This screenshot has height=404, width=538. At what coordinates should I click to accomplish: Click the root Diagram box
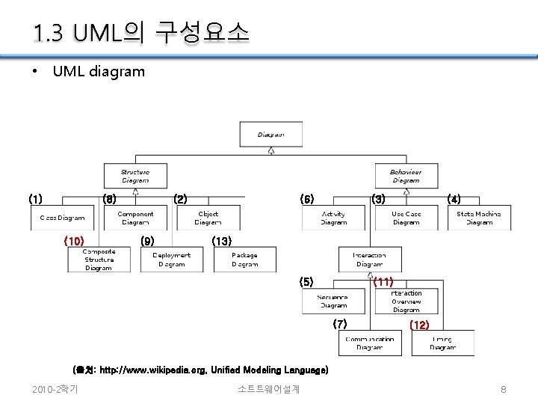(x=270, y=135)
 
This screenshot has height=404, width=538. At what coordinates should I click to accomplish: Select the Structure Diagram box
(x=134, y=176)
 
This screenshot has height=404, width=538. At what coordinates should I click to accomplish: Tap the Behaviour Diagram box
(x=406, y=176)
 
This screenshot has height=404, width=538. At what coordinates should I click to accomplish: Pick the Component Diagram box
(x=135, y=218)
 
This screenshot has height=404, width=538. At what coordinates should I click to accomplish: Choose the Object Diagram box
(x=208, y=218)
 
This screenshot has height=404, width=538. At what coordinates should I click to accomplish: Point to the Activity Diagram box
(x=333, y=218)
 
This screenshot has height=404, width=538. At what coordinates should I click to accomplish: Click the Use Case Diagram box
(x=406, y=218)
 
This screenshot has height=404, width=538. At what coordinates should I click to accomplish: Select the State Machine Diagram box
(x=479, y=218)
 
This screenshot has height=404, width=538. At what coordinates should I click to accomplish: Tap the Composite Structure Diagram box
(x=99, y=260)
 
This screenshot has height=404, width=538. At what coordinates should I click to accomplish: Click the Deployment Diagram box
(x=171, y=260)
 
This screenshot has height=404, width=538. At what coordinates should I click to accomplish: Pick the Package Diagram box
(x=244, y=260)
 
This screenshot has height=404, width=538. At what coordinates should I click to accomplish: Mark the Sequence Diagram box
(x=333, y=301)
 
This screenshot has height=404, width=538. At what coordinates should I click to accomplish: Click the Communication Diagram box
(x=370, y=343)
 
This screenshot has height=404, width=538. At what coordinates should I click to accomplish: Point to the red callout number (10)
(x=74, y=241)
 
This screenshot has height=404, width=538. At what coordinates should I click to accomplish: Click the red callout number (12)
(x=419, y=325)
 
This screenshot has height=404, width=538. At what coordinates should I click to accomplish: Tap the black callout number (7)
(x=340, y=323)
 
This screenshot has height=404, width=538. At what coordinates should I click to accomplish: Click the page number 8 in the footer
(x=504, y=389)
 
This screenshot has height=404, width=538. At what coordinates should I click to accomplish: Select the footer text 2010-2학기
(x=56, y=389)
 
